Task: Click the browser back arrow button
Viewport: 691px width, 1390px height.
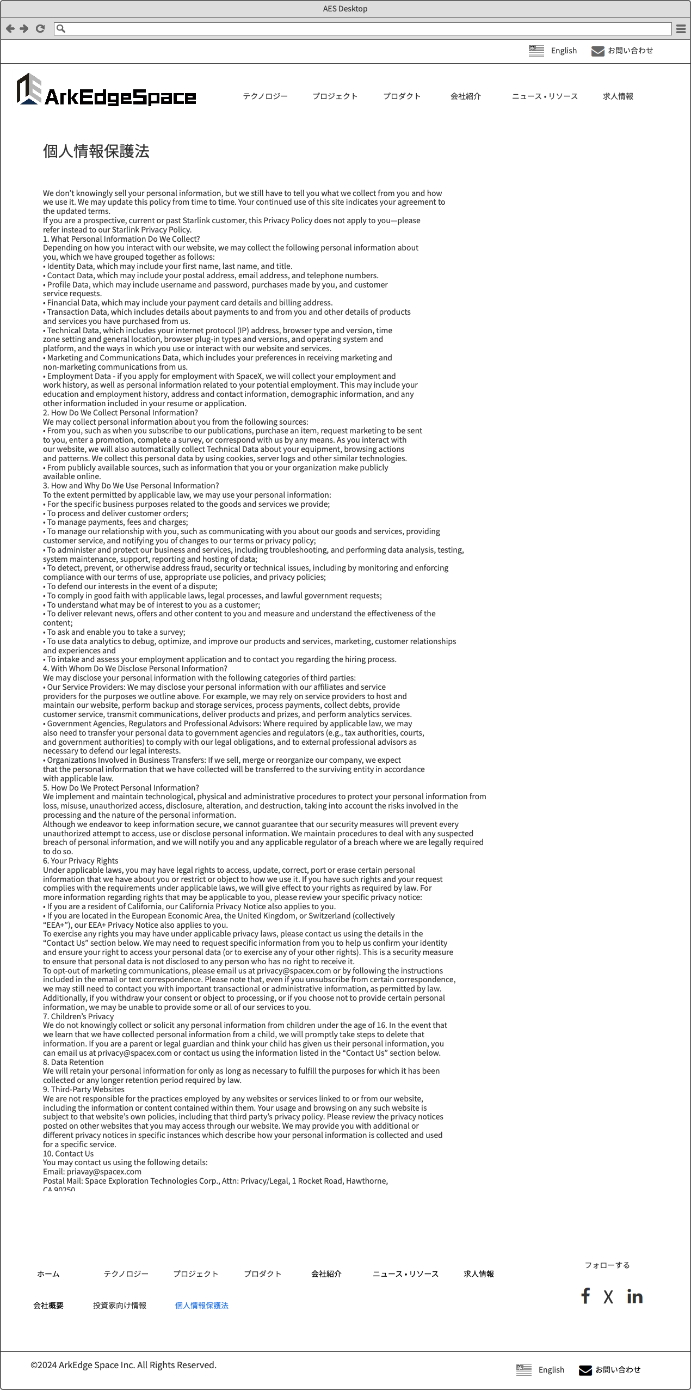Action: (10, 28)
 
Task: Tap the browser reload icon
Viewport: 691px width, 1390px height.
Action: (40, 28)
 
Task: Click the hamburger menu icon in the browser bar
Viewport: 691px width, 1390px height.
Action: (681, 29)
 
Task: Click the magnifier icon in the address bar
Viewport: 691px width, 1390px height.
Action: (61, 28)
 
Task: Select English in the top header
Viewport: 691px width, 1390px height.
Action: (563, 51)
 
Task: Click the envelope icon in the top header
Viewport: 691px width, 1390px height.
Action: (597, 51)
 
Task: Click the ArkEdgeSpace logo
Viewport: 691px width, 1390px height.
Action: (106, 90)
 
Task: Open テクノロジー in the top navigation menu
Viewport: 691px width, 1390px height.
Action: (265, 96)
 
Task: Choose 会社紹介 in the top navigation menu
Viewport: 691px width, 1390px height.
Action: (465, 96)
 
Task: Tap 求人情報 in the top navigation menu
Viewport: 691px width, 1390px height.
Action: (618, 96)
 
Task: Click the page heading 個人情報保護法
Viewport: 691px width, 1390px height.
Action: (96, 151)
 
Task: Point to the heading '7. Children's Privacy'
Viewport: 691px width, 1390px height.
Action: (78, 1016)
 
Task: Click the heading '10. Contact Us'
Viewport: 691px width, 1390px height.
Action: (68, 1153)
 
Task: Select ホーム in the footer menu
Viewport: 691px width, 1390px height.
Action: (48, 1273)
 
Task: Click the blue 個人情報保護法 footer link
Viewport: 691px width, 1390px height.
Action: (201, 1305)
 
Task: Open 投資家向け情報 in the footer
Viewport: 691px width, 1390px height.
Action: (119, 1305)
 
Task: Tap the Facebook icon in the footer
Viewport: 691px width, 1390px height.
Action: (585, 1296)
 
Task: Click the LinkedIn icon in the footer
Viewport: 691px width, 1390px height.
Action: (634, 1296)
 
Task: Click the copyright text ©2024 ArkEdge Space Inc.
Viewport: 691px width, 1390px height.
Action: (124, 1364)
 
